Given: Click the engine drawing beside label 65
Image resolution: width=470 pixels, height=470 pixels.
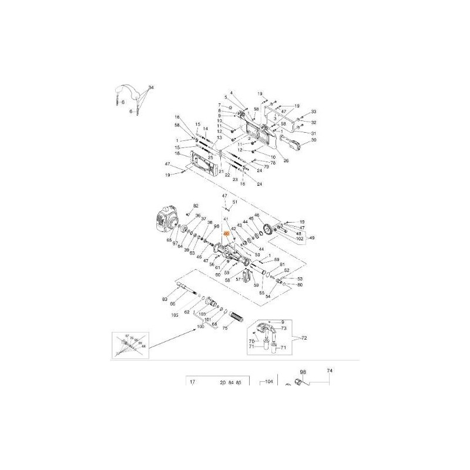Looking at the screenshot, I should click(166, 223).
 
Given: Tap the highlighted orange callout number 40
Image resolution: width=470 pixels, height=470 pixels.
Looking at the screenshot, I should click(226, 234).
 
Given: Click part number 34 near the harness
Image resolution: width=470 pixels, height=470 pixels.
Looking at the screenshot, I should click(151, 88).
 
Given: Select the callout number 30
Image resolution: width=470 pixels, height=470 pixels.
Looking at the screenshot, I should click(314, 140).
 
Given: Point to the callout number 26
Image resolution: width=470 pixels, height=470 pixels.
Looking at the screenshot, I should click(286, 161).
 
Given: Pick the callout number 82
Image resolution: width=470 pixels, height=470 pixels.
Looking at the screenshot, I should click(196, 206).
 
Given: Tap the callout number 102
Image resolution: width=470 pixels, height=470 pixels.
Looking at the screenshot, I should click(299, 239).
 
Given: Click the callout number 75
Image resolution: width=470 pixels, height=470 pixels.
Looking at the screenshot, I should click(224, 328).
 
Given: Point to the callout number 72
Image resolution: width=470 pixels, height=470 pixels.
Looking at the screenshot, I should click(304, 340).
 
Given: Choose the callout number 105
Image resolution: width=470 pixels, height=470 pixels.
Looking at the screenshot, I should click(174, 315).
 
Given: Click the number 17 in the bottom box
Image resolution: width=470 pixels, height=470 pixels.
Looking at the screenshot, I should click(192, 382).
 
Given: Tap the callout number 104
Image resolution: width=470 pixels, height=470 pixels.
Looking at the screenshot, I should click(270, 381).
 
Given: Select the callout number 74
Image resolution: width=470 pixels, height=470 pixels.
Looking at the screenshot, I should click(330, 371).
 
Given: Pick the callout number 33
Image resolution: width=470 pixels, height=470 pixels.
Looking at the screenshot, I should click(314, 112).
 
